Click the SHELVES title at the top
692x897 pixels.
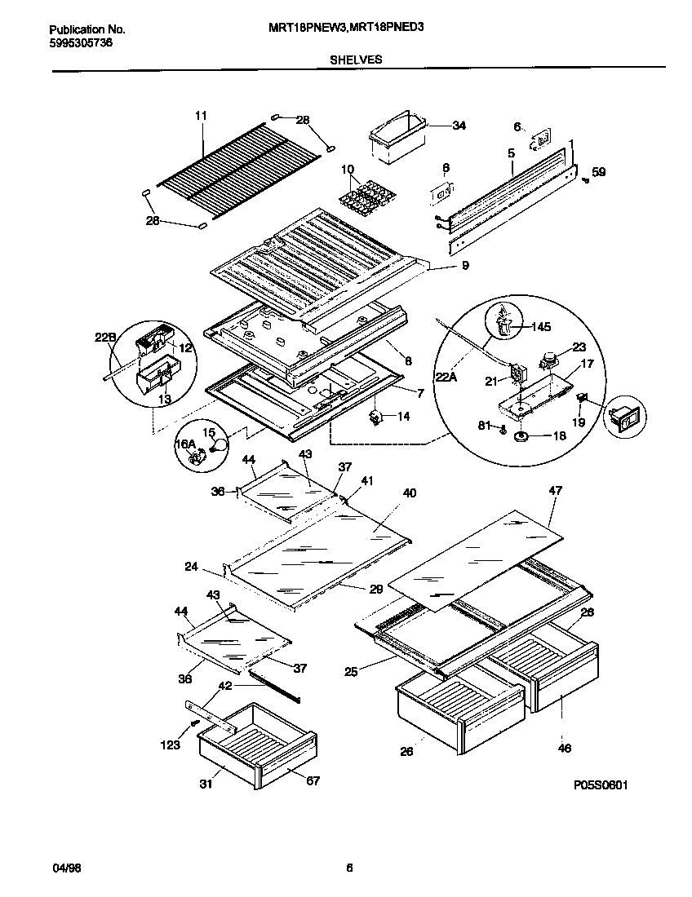point(356,60)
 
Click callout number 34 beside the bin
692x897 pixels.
point(459,126)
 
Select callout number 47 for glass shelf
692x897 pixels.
point(555,492)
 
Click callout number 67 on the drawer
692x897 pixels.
point(313,781)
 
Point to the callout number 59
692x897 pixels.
point(598,172)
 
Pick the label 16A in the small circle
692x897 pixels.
point(185,444)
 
